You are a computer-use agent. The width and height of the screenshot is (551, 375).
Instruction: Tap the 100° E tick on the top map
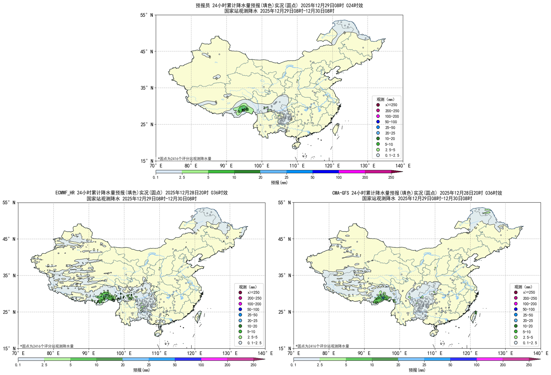[x=261, y=166]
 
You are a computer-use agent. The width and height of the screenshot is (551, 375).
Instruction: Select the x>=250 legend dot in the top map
[x=378, y=105]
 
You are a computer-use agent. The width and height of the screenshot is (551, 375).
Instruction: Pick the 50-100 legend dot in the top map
[x=378, y=122]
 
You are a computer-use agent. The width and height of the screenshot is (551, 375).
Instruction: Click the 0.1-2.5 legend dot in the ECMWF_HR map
[x=240, y=343]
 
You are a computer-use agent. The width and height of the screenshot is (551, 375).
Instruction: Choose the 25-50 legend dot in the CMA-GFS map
[x=516, y=315]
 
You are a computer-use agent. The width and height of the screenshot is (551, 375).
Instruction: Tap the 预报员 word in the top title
[x=203, y=5]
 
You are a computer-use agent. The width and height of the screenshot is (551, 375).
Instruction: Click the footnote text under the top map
[x=185, y=158]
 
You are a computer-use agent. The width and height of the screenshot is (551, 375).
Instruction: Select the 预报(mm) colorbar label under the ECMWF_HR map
[x=141, y=370]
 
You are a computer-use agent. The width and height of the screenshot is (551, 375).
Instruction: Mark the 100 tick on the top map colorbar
[x=339, y=177]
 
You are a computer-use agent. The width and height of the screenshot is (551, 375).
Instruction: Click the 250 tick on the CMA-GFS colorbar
[x=529, y=365]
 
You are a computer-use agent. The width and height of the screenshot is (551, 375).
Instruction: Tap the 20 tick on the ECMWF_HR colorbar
[x=123, y=365]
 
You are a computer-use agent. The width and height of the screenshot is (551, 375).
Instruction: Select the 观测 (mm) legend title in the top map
[x=385, y=99]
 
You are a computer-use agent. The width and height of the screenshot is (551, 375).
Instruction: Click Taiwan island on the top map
[x=336, y=129]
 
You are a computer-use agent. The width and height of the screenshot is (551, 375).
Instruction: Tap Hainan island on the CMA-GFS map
[x=434, y=333]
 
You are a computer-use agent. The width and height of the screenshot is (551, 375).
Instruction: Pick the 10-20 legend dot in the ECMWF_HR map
[x=240, y=326]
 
